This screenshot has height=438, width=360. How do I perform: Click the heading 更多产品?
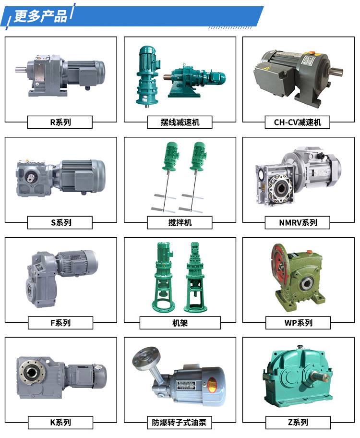(40, 16)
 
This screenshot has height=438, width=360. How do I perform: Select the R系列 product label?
(60, 122)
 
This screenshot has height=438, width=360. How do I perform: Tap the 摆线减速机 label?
(180, 122)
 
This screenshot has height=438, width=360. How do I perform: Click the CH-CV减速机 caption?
(298, 122)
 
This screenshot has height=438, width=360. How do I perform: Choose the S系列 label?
(60, 223)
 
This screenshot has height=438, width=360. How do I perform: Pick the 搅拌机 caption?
(180, 223)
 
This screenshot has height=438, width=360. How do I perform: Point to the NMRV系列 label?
(298, 223)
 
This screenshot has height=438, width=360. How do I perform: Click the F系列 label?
(60, 323)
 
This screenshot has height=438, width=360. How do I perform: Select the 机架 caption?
(180, 323)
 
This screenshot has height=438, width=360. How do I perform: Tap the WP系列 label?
(298, 323)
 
